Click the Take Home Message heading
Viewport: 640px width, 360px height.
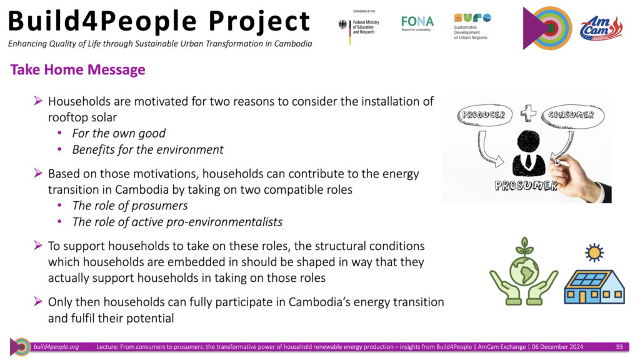[77, 70]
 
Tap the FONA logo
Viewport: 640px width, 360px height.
[417, 23]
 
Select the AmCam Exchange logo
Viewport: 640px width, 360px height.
[601, 28]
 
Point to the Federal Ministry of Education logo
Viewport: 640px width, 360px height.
[359, 27]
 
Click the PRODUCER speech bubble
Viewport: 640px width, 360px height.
[484, 116]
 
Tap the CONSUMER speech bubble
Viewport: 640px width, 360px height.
[572, 116]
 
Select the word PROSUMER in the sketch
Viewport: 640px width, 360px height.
[526, 186]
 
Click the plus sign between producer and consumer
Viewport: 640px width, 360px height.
[528, 112]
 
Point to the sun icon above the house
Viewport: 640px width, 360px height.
[594, 252]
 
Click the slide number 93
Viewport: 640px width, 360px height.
[619, 346]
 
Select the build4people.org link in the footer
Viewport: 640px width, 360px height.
[56, 346]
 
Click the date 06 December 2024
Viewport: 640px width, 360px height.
[557, 346]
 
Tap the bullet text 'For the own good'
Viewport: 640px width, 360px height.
[119, 134]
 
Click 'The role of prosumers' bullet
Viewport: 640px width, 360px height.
[130, 206]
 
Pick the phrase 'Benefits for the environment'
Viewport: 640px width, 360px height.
[147, 150]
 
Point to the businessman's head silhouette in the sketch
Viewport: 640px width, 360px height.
[529, 141]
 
